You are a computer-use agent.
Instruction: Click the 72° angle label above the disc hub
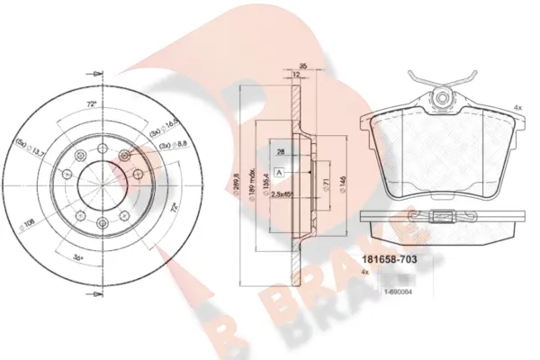90,104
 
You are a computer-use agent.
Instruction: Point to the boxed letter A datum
281,171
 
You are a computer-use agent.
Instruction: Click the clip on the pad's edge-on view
442,215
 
